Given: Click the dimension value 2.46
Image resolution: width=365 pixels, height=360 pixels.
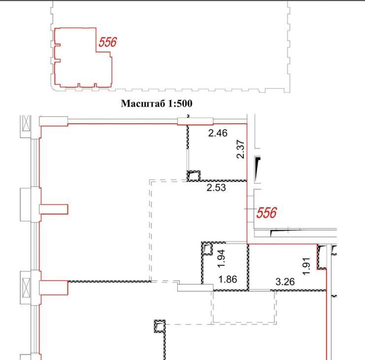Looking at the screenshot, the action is click(218, 133).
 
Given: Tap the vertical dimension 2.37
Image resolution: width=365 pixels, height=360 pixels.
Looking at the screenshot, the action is click(240, 149).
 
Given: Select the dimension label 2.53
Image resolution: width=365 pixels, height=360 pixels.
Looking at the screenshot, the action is click(216, 187).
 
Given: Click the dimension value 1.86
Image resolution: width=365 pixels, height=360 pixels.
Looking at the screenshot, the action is click(228, 279).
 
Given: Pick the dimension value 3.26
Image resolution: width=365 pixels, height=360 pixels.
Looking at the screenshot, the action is click(285, 282).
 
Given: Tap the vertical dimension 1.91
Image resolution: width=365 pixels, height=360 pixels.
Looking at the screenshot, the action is click(306, 266).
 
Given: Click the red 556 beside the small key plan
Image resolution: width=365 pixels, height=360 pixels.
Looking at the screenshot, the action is click(107, 42).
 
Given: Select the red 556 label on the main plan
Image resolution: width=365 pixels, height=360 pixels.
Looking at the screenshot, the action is click(266, 213).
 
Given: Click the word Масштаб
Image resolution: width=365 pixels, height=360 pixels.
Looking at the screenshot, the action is click(141, 104).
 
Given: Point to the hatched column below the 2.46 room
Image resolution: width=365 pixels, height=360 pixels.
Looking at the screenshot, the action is click(194, 176).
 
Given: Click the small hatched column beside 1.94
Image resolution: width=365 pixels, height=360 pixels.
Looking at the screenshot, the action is click(207, 249).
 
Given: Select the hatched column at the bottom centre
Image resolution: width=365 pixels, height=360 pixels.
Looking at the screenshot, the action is click(160, 326).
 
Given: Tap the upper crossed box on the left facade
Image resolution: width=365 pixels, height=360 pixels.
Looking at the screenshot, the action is click(26, 123).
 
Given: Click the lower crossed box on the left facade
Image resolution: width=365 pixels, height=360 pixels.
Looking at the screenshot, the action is click(26, 288).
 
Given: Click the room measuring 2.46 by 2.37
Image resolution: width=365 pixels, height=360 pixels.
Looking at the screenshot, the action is click(218, 152).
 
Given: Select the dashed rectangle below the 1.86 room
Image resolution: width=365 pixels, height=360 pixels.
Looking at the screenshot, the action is click(244, 323).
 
